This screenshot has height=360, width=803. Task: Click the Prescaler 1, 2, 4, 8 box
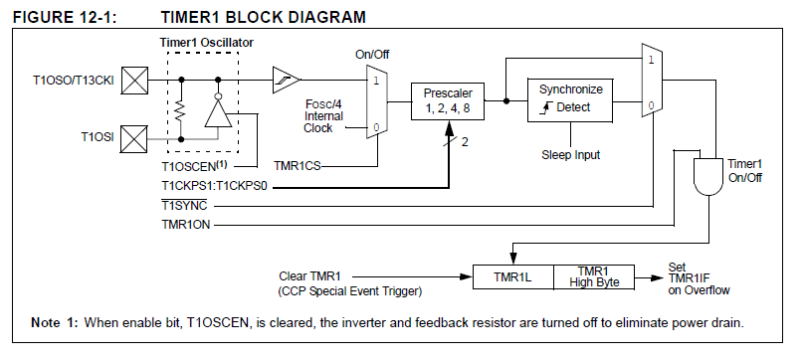(x=448, y=101)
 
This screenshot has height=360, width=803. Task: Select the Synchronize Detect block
(x=570, y=100)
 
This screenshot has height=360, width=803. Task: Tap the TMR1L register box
(x=512, y=277)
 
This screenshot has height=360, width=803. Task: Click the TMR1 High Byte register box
(x=594, y=277)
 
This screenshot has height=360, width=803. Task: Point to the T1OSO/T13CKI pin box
(x=134, y=81)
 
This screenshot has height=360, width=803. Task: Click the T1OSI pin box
(x=134, y=139)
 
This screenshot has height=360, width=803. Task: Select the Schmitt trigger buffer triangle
(x=286, y=80)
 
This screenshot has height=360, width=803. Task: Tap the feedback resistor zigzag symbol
(x=181, y=109)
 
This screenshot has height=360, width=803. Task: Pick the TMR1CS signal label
(x=298, y=166)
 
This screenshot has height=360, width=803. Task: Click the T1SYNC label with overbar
(x=184, y=206)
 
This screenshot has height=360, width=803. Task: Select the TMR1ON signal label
(x=186, y=225)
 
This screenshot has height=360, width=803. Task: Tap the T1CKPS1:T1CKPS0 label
(x=215, y=186)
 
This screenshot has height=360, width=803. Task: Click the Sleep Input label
(x=571, y=154)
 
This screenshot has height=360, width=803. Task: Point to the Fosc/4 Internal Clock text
(x=323, y=116)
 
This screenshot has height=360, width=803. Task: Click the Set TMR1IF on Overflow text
(x=699, y=278)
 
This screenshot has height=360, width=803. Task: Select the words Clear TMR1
(x=309, y=276)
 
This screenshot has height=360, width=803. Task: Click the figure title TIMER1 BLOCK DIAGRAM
(x=264, y=17)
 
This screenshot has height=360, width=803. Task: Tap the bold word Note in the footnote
(x=46, y=322)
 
